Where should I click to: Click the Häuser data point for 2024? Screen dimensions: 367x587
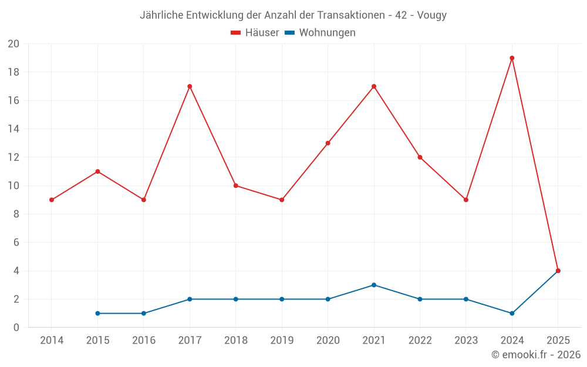(x=512, y=58)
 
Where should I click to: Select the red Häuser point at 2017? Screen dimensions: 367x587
(x=190, y=86)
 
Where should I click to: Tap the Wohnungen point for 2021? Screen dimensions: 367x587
(x=374, y=285)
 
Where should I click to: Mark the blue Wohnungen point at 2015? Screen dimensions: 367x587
(x=97, y=313)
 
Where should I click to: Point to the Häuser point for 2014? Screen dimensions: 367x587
(x=52, y=200)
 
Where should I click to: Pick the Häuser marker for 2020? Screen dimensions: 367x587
(x=328, y=143)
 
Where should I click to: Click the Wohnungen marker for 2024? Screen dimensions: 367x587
(x=512, y=313)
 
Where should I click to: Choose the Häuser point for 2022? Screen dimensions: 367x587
(x=420, y=157)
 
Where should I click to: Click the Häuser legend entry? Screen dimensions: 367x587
(x=255, y=33)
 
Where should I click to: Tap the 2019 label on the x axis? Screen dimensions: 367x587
(x=282, y=340)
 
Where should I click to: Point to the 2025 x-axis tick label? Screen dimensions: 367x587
(x=558, y=340)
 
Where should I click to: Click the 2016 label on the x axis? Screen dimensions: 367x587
(x=144, y=340)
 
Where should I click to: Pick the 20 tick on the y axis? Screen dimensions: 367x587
(x=14, y=44)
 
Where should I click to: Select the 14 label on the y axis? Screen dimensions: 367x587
(x=14, y=129)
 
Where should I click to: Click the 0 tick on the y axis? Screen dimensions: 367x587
(x=16, y=327)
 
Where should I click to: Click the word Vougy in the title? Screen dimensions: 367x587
(x=432, y=15)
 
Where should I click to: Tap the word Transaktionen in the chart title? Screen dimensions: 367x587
(x=353, y=15)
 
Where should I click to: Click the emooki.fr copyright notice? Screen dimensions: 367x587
(x=535, y=355)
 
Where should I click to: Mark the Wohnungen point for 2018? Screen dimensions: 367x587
(x=235, y=299)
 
